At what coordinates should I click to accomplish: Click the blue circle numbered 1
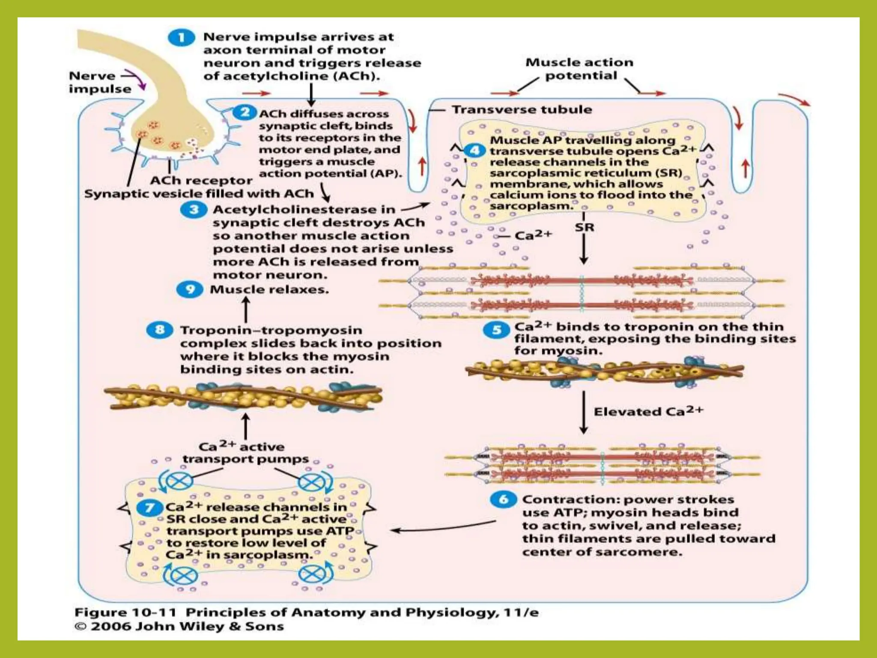coord(181,38)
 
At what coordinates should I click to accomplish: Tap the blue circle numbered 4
coord(474,151)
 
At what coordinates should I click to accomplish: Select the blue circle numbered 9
coord(190,290)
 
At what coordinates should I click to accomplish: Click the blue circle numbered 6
coord(504,499)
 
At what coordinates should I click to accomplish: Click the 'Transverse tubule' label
coord(522,110)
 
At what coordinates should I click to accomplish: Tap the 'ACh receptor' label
coord(201,181)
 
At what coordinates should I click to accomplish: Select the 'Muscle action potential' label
coord(579,69)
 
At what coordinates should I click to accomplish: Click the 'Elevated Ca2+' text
coord(648,411)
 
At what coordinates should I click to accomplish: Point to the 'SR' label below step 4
coord(584,227)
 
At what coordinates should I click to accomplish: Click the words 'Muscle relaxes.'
coord(269,290)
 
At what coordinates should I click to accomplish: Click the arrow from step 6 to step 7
coord(443,526)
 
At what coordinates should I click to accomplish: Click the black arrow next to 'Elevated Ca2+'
coord(583,412)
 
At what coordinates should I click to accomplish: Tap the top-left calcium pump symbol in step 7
coord(176,482)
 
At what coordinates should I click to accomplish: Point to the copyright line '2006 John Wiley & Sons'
coord(180,626)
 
